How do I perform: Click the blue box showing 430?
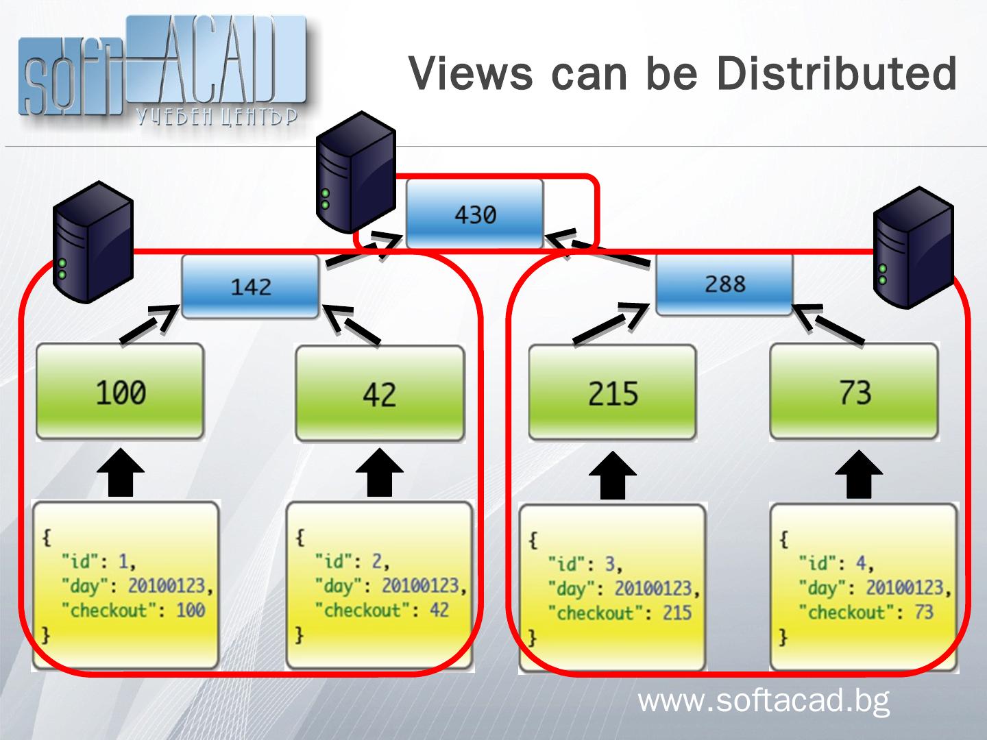[x=474, y=214]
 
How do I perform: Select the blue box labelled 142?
[x=250, y=286]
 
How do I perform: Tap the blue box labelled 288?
[x=724, y=284]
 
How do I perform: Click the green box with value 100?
[x=120, y=392]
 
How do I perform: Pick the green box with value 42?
[x=379, y=394]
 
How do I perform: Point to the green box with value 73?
[x=854, y=392]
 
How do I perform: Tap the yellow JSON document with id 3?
[x=612, y=588]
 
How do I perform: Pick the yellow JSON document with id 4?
[x=864, y=587]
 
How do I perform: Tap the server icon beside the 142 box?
[x=93, y=241]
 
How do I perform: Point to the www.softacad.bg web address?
[x=764, y=701]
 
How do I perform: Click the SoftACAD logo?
[x=161, y=72]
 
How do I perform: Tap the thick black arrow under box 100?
[x=120, y=473]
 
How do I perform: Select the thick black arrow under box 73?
[x=858, y=474]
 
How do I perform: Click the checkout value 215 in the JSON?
[x=677, y=613]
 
